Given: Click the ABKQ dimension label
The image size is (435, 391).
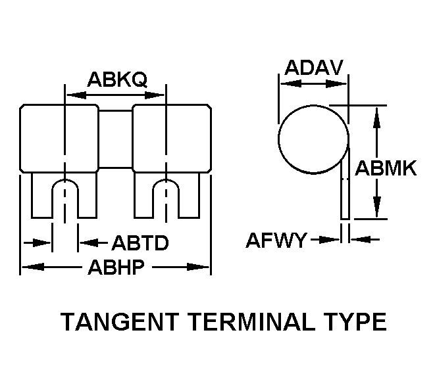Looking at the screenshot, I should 116,80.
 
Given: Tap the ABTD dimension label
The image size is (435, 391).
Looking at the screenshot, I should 140,244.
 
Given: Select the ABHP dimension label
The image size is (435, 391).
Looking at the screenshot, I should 116,268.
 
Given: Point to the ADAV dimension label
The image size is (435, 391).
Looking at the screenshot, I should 313,68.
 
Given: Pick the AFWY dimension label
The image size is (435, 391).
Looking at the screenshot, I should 276,241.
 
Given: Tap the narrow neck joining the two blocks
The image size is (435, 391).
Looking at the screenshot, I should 115,138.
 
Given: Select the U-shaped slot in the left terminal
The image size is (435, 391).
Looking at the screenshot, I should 64,196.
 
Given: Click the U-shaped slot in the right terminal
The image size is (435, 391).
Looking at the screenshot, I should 166,196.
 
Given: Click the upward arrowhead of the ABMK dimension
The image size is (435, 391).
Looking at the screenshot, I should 376,116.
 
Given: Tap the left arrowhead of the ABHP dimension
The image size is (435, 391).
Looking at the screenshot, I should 29,267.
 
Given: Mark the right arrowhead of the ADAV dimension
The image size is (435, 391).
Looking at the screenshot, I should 340,83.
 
